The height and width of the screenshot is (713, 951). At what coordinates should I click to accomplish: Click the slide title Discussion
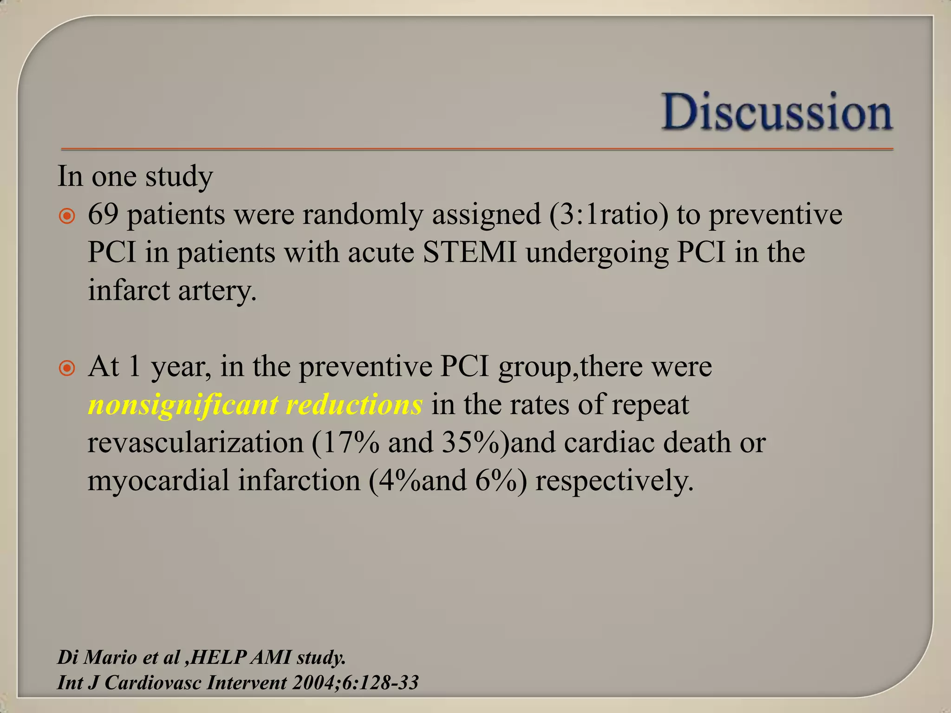777,112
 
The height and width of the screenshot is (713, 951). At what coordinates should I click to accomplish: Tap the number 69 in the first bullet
103,214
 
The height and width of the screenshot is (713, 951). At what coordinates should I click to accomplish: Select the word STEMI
469,253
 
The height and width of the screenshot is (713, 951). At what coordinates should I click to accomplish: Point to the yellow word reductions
354,404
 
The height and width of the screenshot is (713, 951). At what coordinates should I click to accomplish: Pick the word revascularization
195,442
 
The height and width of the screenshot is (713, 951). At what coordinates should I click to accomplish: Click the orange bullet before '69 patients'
67,216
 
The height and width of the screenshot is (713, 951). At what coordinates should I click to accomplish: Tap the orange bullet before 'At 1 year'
67,369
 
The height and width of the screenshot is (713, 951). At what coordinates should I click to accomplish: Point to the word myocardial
158,481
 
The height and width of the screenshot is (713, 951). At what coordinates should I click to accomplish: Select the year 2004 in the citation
314,683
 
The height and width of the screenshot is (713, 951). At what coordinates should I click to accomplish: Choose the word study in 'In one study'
179,177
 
